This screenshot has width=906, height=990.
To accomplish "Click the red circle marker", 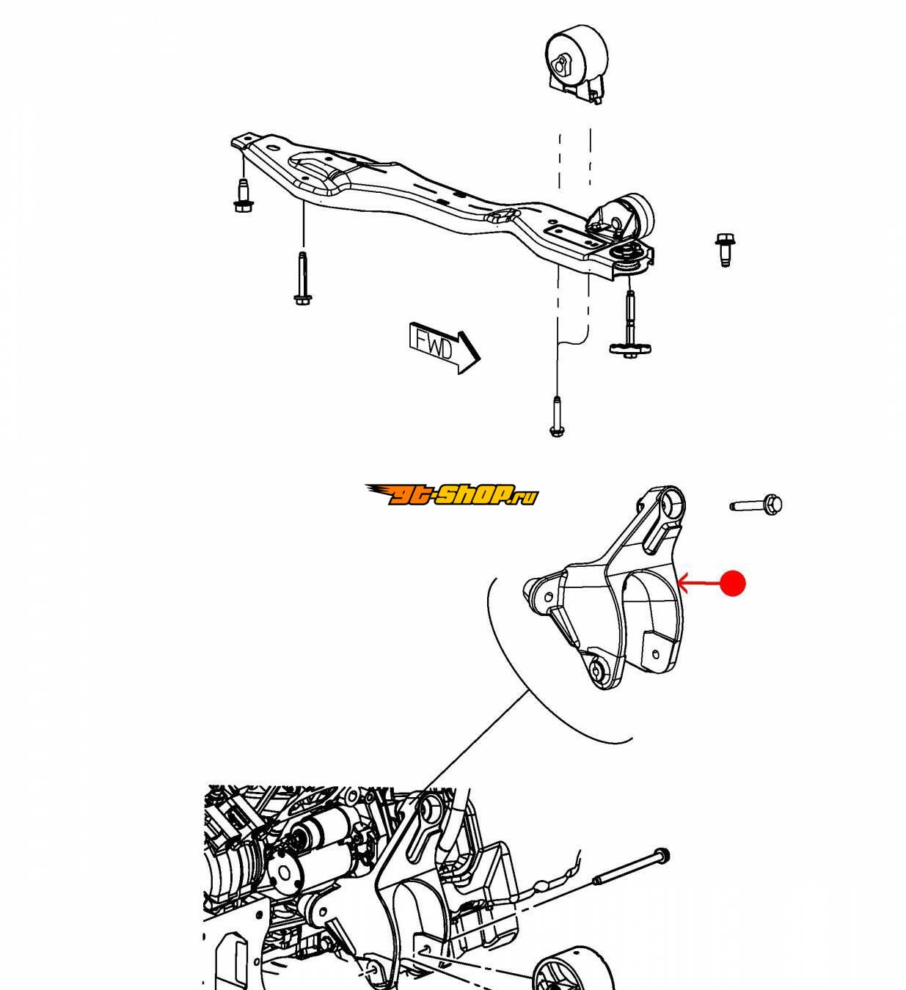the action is coord(732,583).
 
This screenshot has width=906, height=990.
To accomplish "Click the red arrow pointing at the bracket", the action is coord(698,583).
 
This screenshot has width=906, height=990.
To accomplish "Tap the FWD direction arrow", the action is coord(445,348).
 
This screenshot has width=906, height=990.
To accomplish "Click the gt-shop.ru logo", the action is coord(451,494).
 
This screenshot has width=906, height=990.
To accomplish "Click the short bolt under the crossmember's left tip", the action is coord(242,196).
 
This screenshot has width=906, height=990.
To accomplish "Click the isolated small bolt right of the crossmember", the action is coord(723,250).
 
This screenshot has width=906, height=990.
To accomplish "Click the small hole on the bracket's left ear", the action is coord(549,597).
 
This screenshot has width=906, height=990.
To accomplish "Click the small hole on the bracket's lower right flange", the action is coord(654,654).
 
